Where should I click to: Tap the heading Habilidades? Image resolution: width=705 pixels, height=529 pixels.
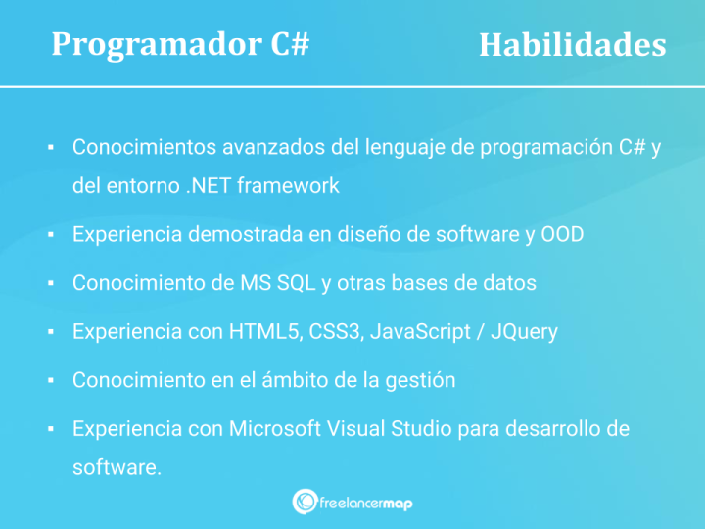pyautogui.click(x=572, y=45)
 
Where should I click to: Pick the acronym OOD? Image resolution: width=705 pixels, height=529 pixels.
pyautogui.click(x=562, y=234)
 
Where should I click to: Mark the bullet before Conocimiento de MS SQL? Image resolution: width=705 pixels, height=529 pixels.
pyautogui.click(x=49, y=284)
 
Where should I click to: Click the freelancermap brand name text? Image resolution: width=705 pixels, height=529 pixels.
pyautogui.click(x=367, y=502)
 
